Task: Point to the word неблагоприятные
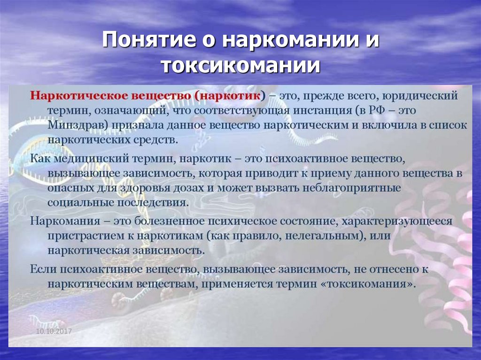(355, 189)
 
